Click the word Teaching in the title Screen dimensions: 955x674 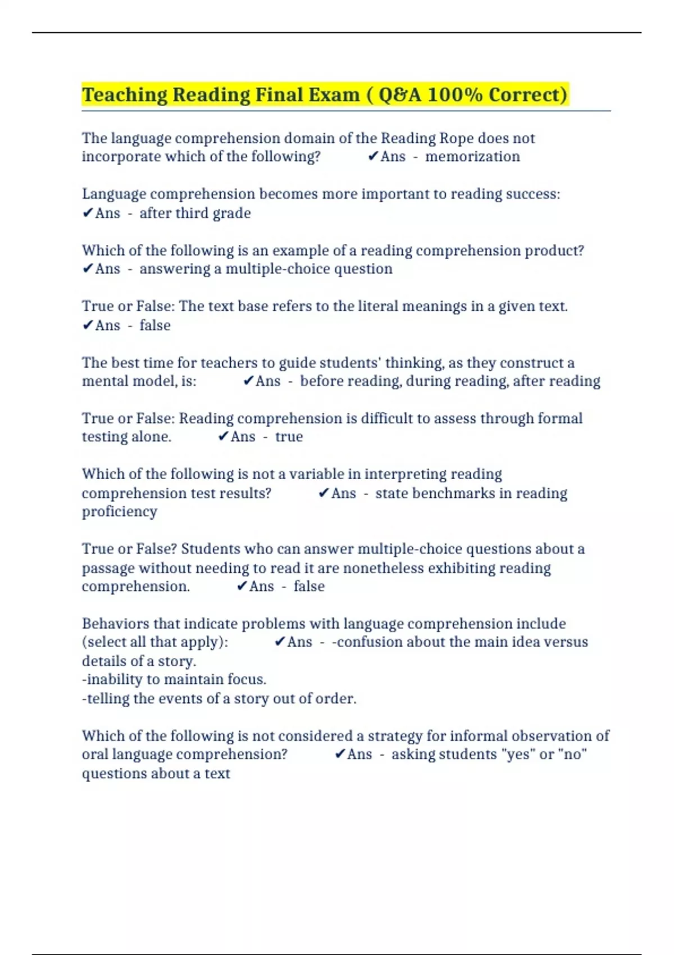tap(124, 95)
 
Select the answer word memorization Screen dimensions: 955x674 tap(472, 157)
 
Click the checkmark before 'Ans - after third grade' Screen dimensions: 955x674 tap(87, 213)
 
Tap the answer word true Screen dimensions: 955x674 tap(289, 437)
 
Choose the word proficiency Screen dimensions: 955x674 tap(120, 512)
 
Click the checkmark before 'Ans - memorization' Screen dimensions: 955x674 tap(373, 157)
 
